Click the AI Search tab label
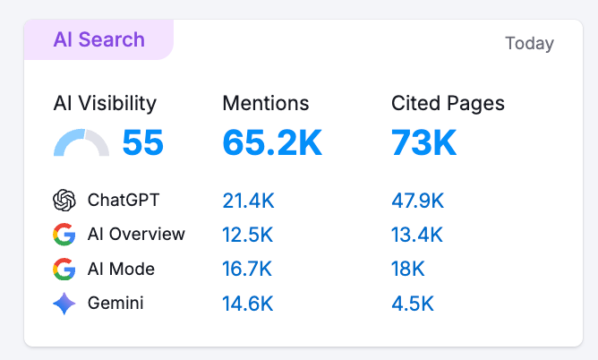point(98,40)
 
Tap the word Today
point(529,43)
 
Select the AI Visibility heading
point(105,103)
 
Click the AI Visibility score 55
point(142,143)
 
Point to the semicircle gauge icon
point(81,144)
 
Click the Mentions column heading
point(266,103)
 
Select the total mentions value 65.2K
point(272,142)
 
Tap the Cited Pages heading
point(448,103)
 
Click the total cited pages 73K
point(423,142)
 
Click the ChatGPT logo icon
point(64,200)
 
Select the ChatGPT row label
point(123,200)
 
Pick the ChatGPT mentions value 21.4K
point(248,201)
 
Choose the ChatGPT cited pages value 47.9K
point(418,201)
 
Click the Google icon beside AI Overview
point(64,235)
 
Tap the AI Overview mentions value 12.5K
point(248,236)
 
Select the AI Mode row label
point(121,269)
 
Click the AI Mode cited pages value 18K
point(408,270)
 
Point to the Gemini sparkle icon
point(64,304)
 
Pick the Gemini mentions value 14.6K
point(248,304)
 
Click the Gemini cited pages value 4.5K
point(413,304)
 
